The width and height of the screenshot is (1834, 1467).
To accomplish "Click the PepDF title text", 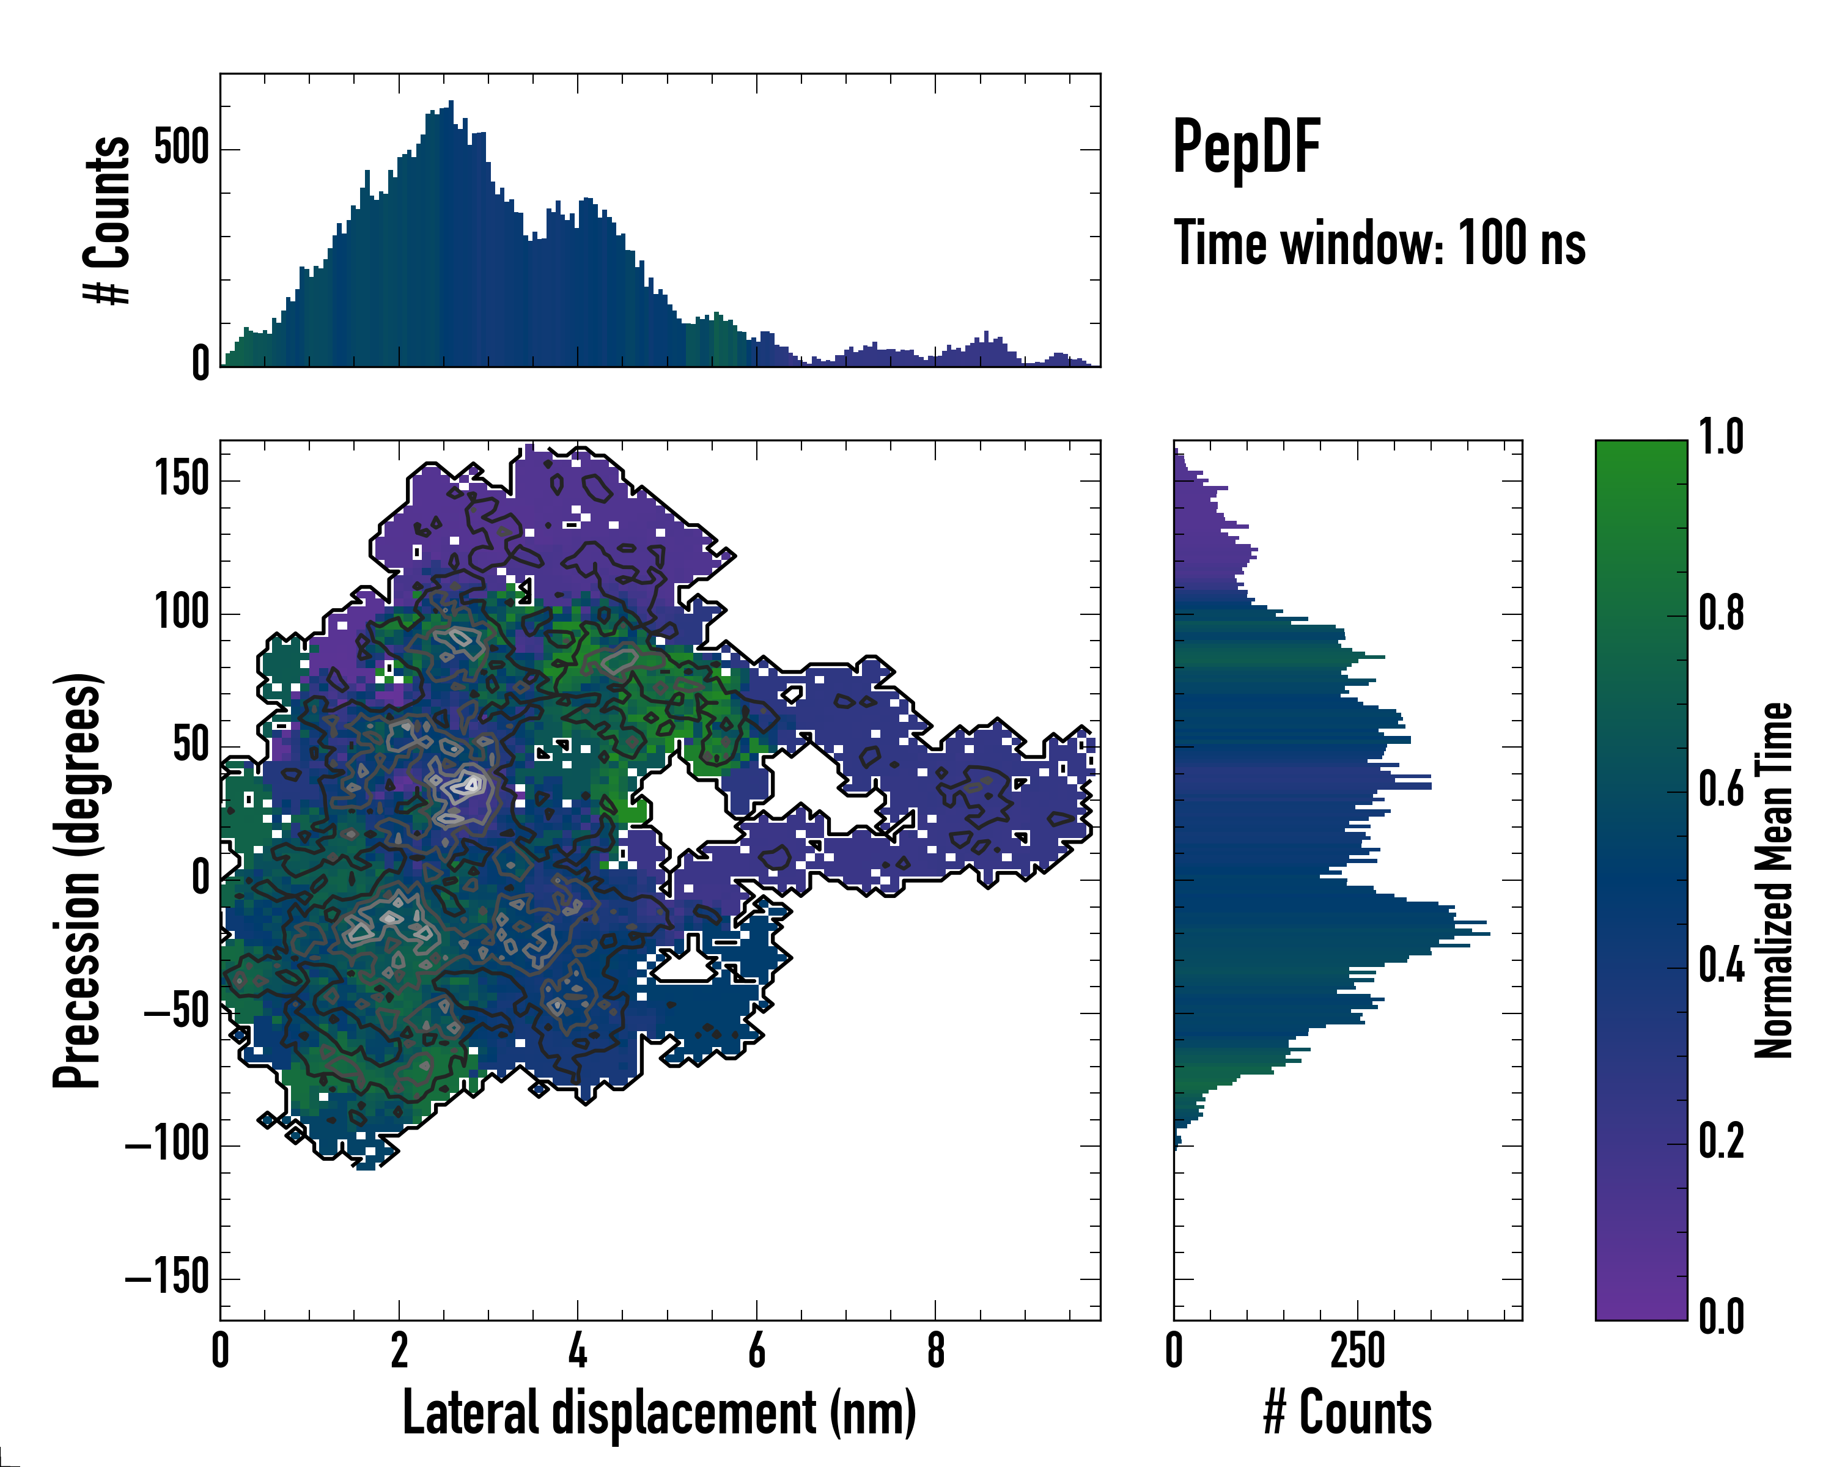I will (1246, 147).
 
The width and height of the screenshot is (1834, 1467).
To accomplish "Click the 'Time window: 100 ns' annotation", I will (1379, 243).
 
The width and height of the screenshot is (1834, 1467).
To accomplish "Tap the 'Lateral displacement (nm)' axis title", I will (659, 1413).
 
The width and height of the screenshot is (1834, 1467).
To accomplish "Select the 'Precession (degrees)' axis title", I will (78, 880).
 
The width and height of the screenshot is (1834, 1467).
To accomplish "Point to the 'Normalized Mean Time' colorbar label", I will (1773, 880).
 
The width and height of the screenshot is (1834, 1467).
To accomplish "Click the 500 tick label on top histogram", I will (181, 148).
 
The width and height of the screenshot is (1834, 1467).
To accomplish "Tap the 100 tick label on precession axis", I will (181, 612).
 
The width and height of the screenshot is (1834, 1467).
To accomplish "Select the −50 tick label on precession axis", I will (176, 1012).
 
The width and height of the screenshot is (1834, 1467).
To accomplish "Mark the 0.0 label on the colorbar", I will (1721, 1317).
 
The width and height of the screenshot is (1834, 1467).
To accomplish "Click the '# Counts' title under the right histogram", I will (1347, 1413).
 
